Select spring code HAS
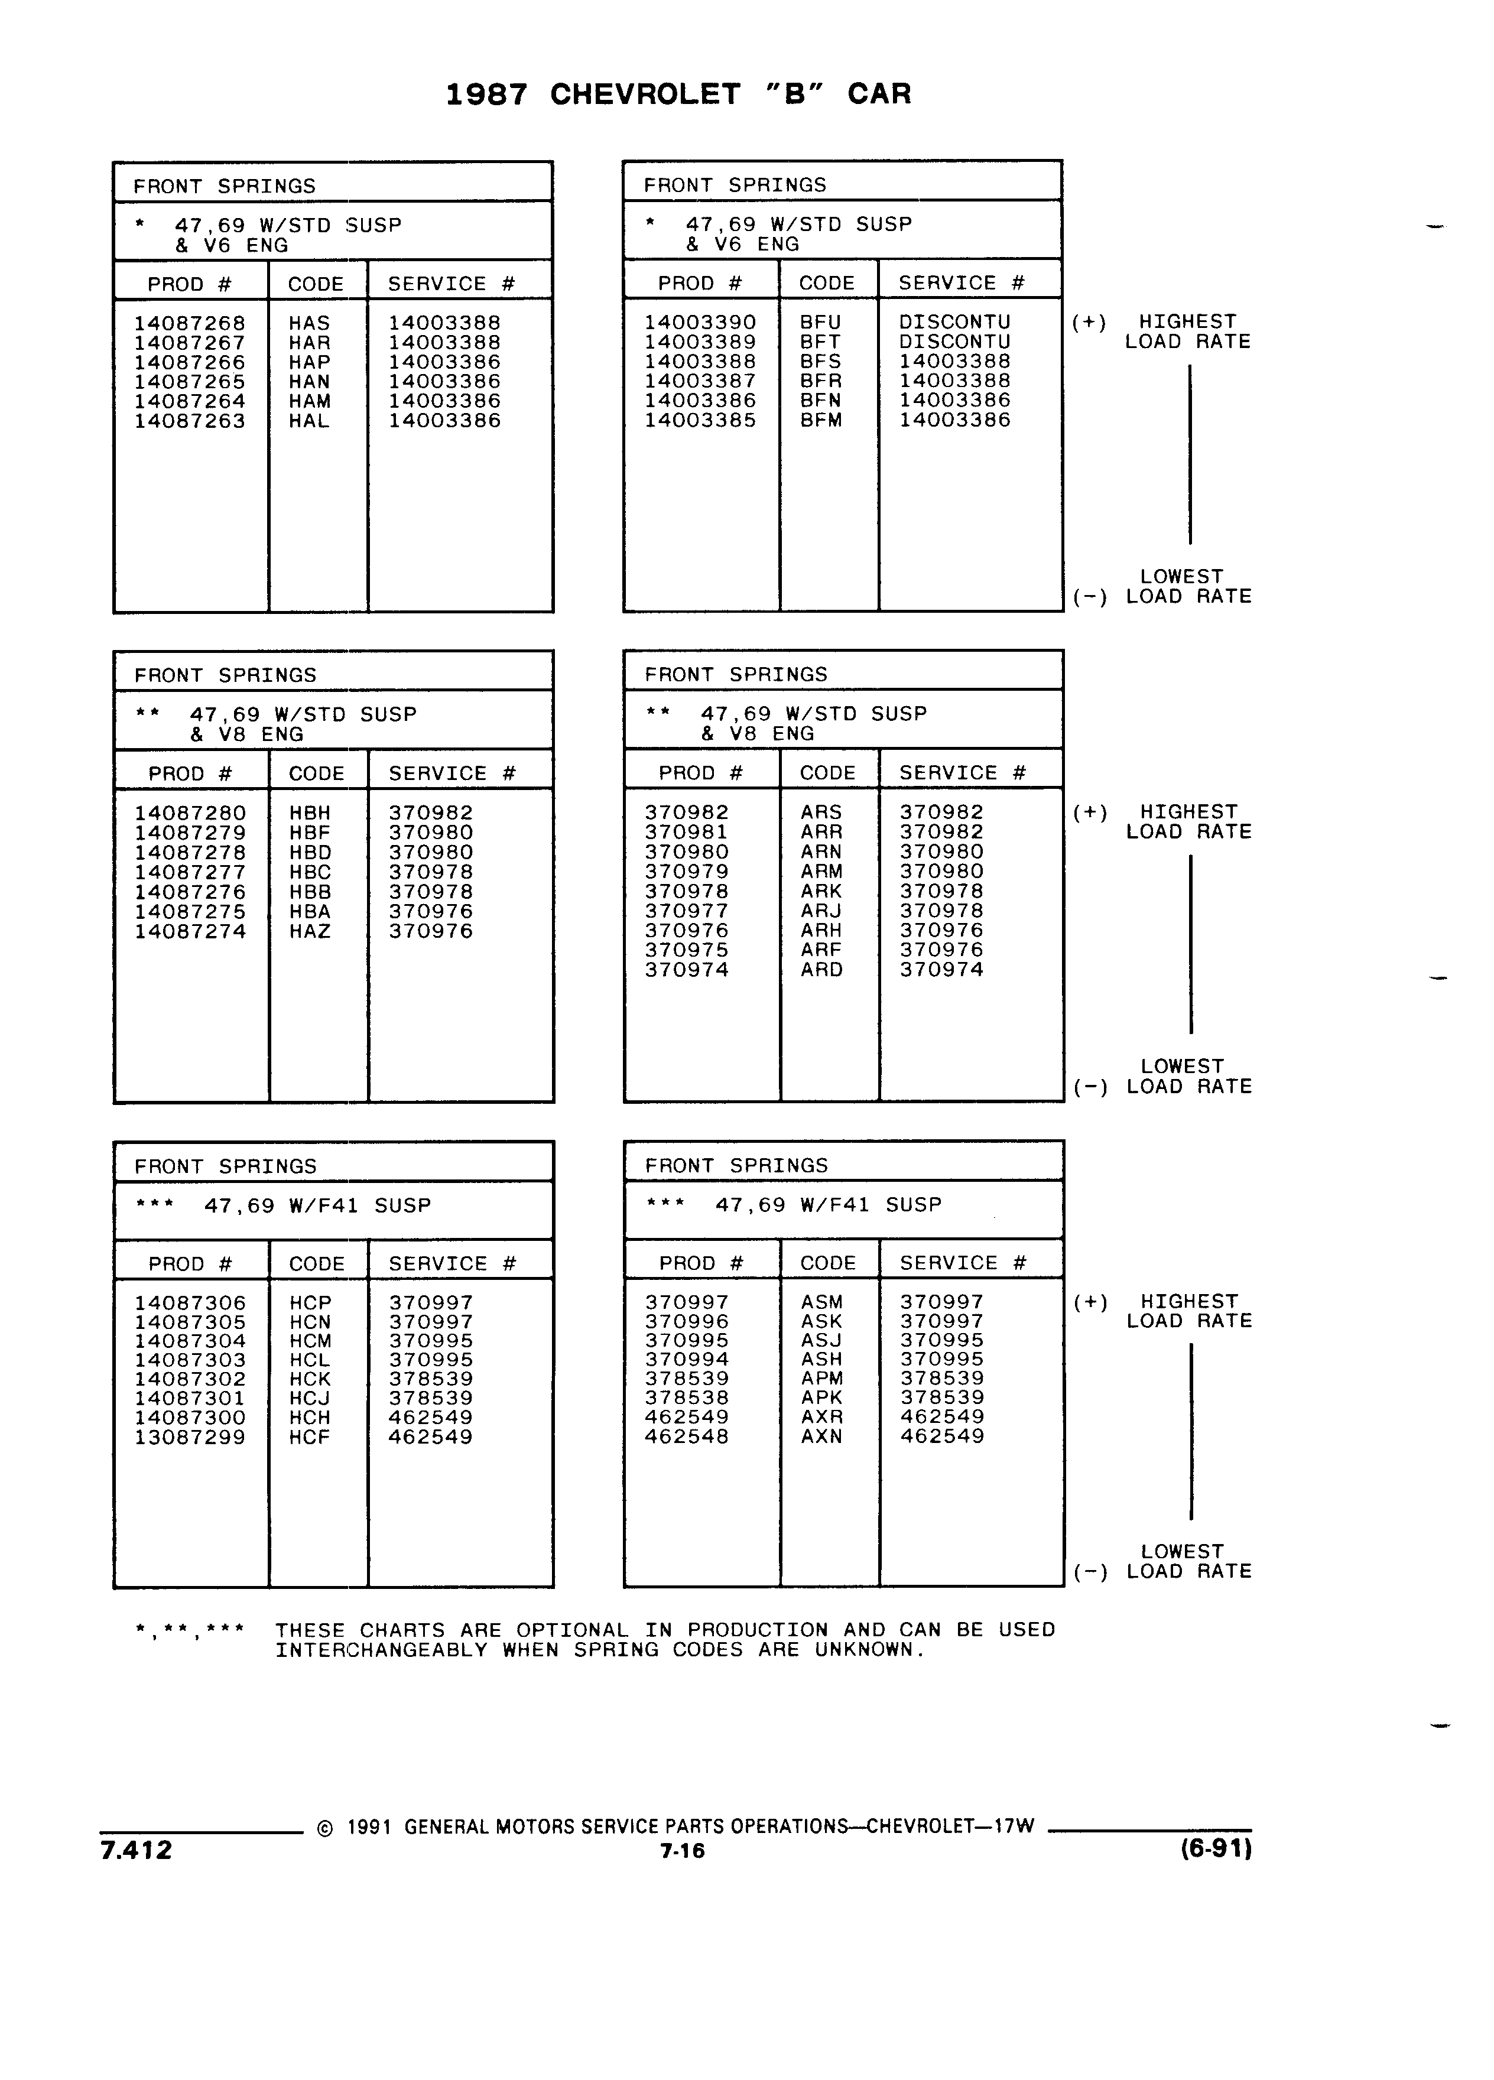309,323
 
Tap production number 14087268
190,323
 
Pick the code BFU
820,322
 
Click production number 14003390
700,322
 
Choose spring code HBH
310,812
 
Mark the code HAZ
310,931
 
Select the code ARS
821,812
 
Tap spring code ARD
821,969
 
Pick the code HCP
310,1302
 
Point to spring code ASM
821,1301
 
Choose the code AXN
821,1436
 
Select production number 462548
687,1436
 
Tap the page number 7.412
136,1850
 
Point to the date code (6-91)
1216,1849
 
